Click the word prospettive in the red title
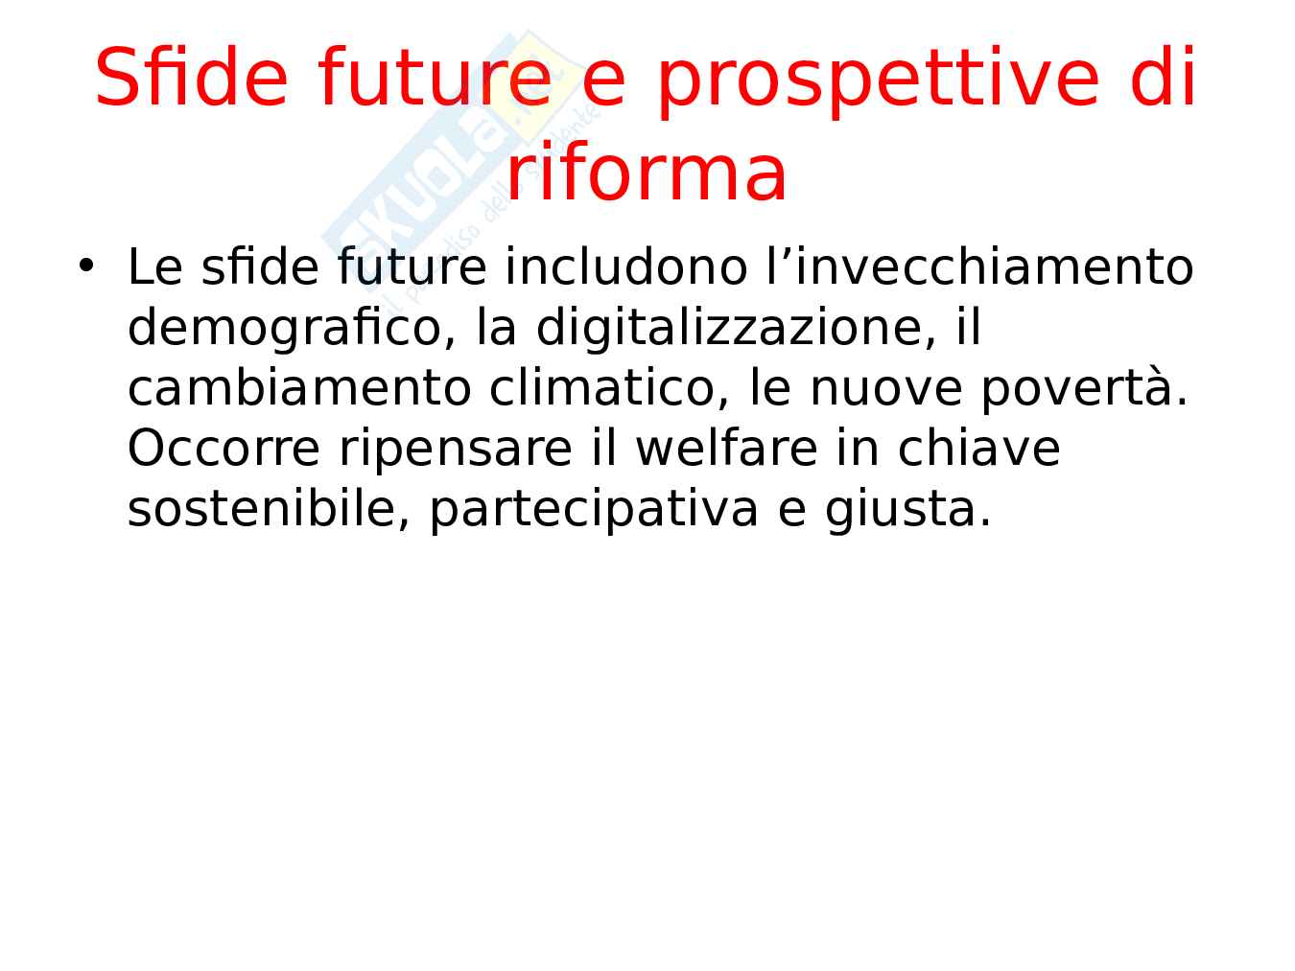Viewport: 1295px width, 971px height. (878, 81)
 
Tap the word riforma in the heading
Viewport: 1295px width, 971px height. (646, 173)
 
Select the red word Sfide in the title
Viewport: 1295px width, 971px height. (191, 77)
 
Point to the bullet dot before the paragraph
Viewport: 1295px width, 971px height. (86, 266)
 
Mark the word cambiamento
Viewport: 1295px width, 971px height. (299, 388)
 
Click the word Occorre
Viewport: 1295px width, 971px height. (224, 449)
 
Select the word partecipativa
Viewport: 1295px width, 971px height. (594, 511)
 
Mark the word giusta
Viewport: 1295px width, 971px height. (908, 511)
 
